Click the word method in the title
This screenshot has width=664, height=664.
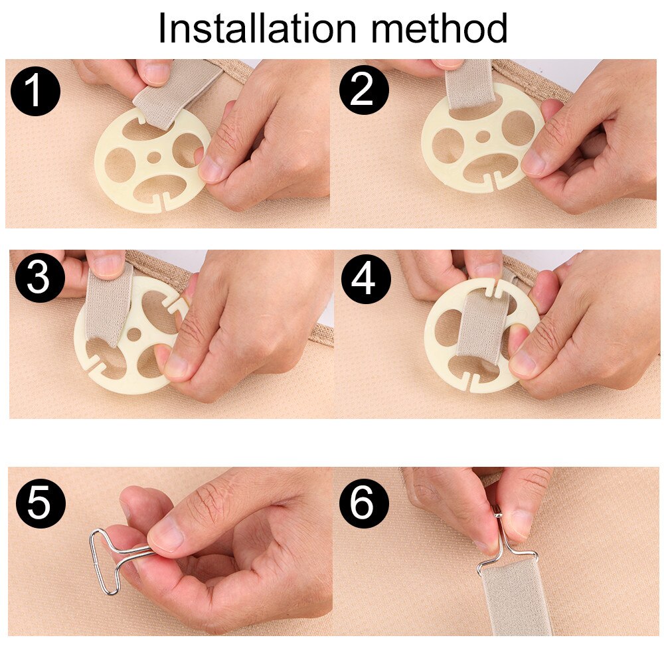click(439, 28)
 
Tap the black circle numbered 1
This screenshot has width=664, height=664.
click(35, 90)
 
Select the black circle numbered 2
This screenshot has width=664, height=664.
click(364, 90)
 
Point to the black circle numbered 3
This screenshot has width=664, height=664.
click(39, 278)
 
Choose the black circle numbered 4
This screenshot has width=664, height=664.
click(366, 278)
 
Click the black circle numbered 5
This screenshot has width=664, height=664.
click(41, 503)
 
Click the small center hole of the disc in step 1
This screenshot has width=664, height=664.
click(153, 157)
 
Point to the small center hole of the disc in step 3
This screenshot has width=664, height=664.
click(134, 335)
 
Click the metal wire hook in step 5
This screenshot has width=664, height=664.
click(115, 558)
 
